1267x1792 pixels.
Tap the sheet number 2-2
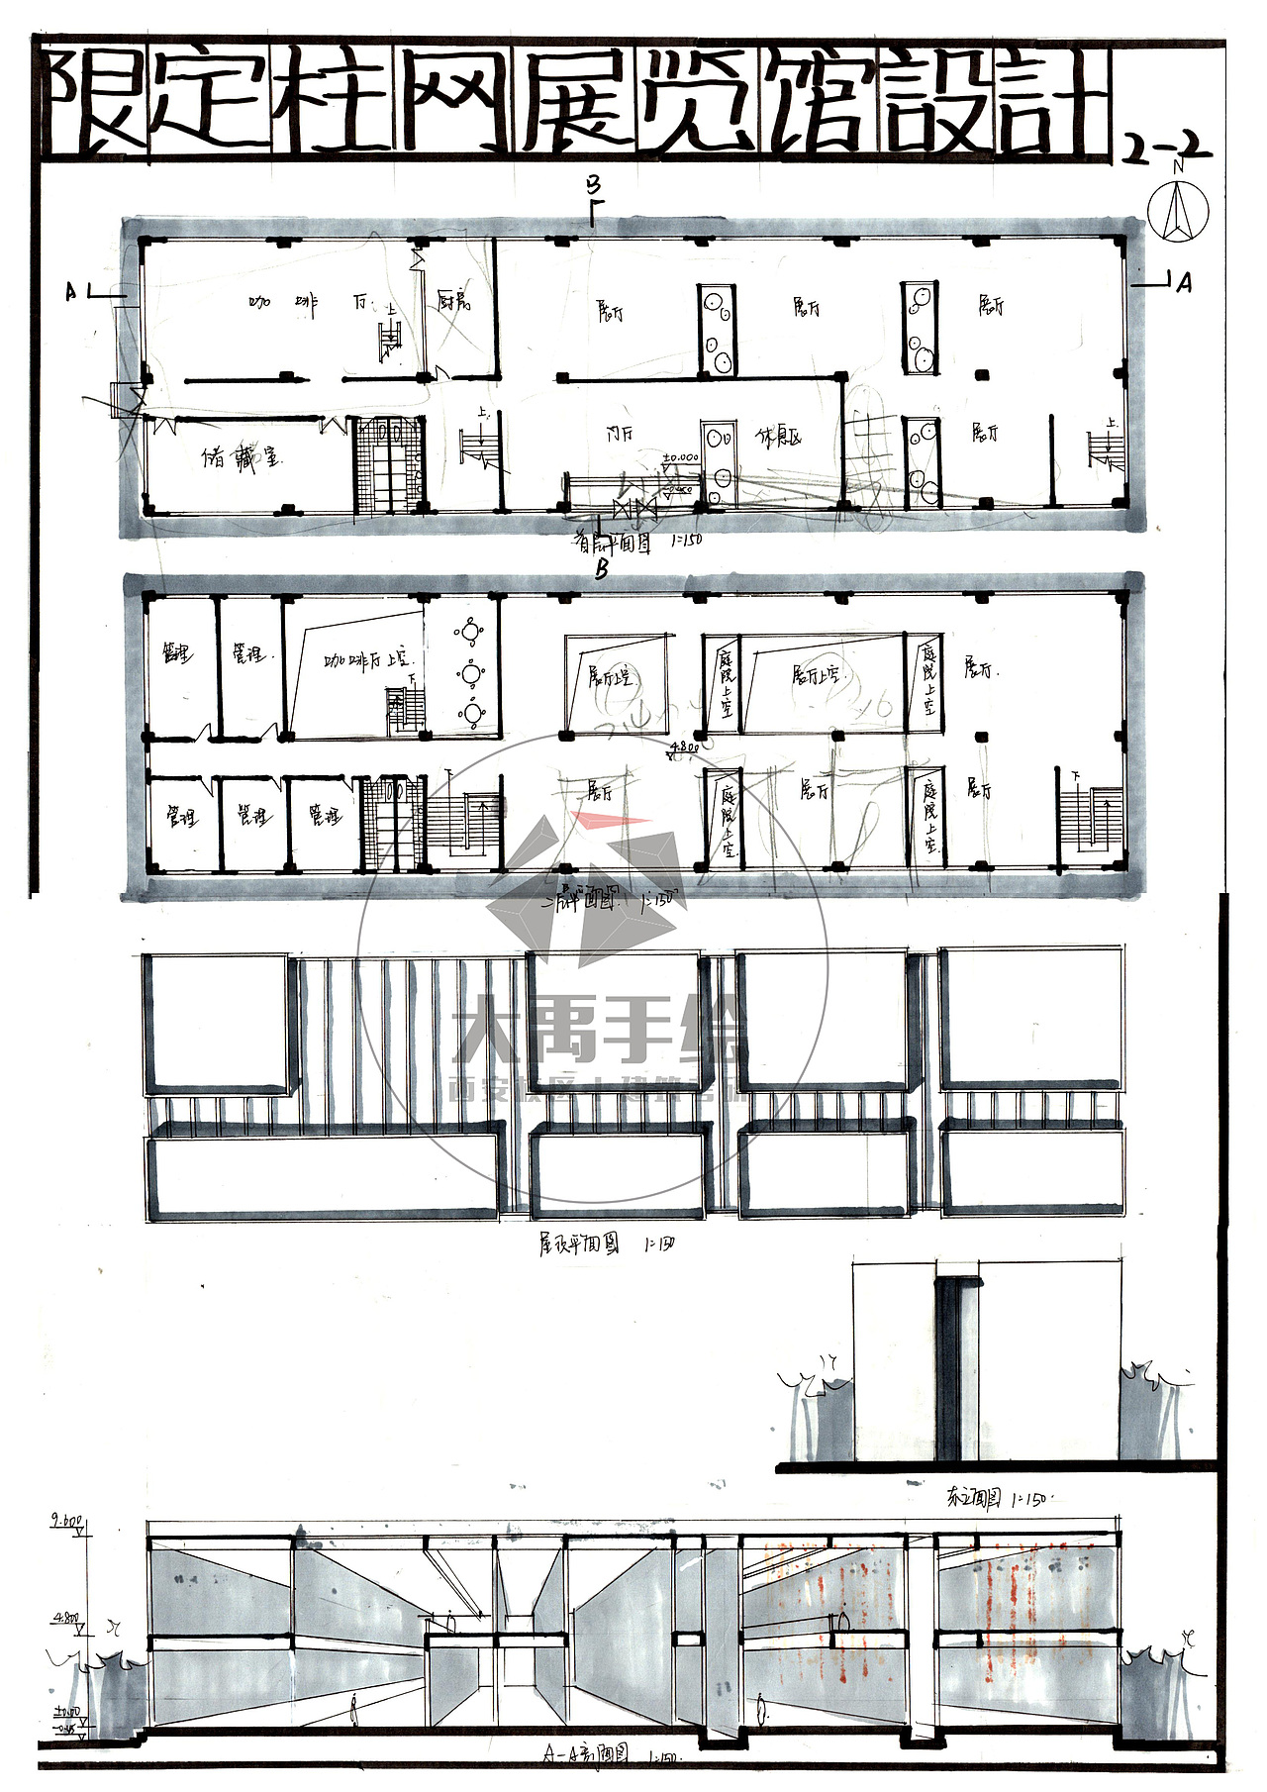(x=1166, y=149)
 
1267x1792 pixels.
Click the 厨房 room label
(x=454, y=301)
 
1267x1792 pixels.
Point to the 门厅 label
(x=621, y=434)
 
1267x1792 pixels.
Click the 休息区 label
(x=778, y=437)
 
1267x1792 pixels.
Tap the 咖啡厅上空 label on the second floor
(x=368, y=659)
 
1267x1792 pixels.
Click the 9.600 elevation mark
(x=67, y=1521)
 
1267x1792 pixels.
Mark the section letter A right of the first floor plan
(x=1184, y=283)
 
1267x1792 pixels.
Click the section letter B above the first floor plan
(x=593, y=185)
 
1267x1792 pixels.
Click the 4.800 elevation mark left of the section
(x=66, y=1620)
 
